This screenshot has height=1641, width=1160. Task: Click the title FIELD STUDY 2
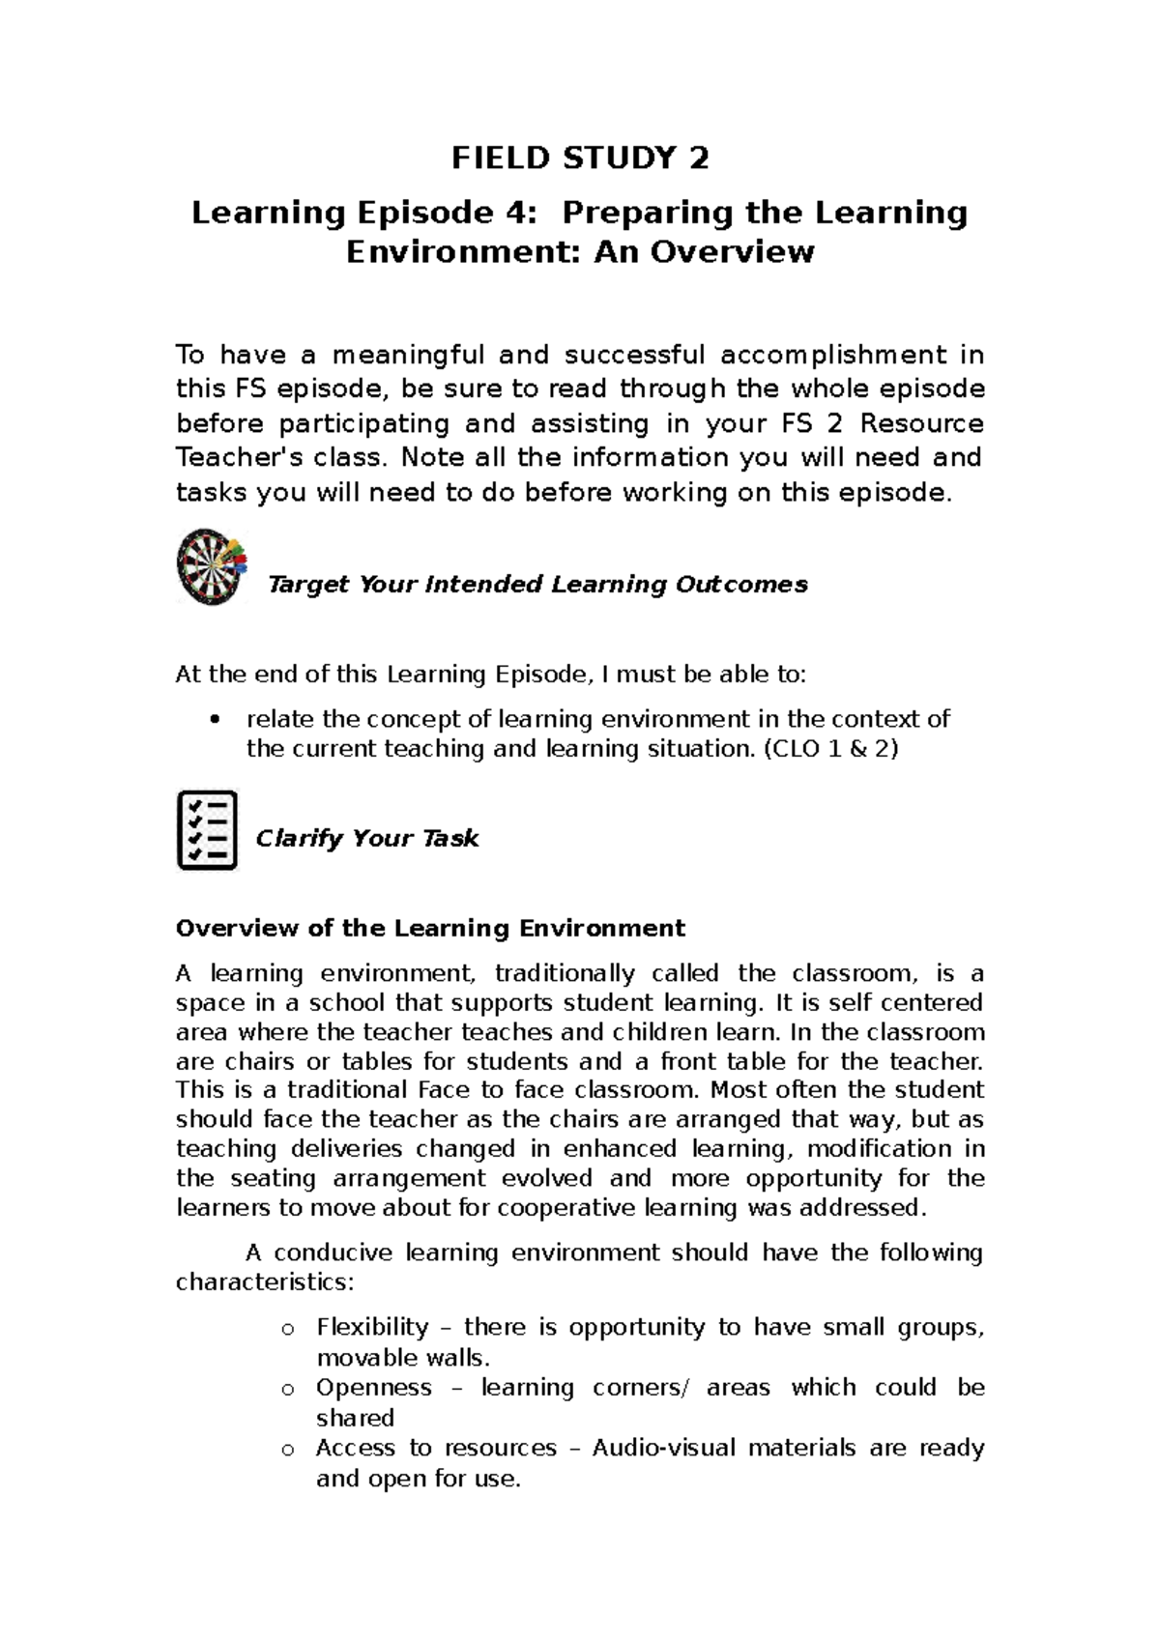tap(580, 158)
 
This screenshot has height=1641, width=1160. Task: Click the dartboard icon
tap(212, 567)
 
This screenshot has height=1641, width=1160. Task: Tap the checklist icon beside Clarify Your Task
tap(207, 830)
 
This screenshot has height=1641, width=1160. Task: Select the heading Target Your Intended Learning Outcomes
tap(536, 585)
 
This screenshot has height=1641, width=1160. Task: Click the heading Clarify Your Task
tap(366, 838)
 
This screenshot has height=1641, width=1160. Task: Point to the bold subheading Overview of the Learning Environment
tap(430, 929)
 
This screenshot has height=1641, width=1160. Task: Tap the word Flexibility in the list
tap(372, 1327)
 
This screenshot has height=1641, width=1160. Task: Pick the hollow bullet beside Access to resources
tap(286, 1450)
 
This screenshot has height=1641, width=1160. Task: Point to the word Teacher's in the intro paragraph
tap(229, 457)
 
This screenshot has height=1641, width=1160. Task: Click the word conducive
tap(334, 1253)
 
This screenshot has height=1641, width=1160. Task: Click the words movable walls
tap(398, 1358)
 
